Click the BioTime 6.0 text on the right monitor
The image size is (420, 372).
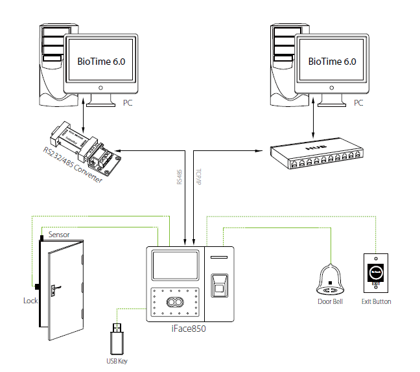coord(332,62)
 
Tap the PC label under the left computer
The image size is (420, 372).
coord(128,103)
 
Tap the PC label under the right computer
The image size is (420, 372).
coord(358,103)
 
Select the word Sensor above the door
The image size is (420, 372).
coord(59,234)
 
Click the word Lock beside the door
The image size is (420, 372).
coord(30,301)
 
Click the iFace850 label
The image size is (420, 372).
coord(189,329)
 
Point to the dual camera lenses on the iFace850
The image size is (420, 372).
coord(174,303)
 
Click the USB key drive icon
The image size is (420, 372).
coord(116,338)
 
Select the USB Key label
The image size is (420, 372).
coord(117,360)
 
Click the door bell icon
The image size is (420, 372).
coord(331,279)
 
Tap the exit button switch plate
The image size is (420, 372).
coord(376,272)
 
